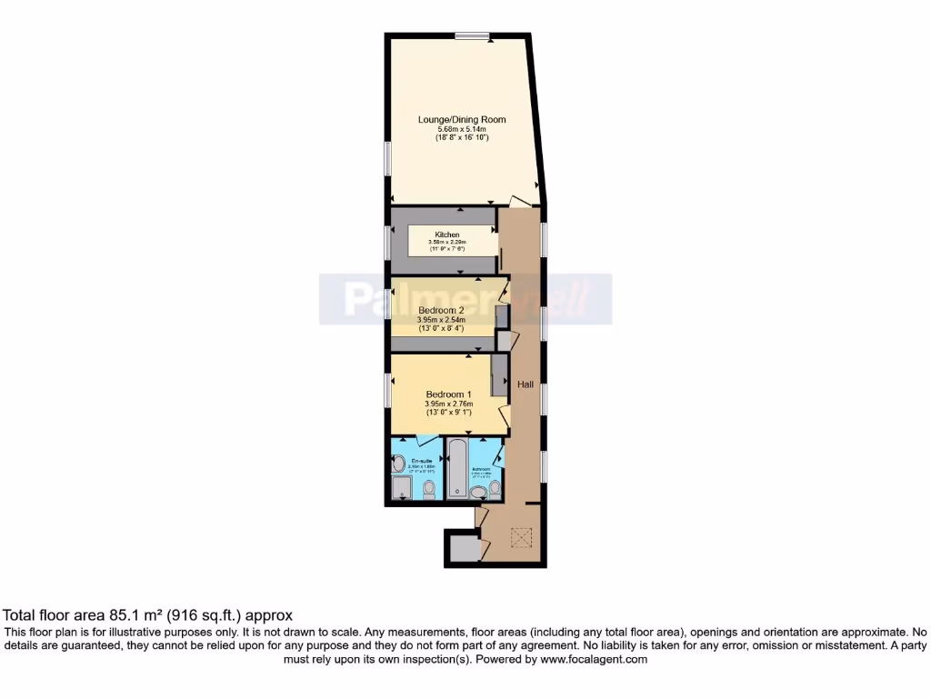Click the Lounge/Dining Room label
461,119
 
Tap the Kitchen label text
446,234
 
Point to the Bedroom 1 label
445,394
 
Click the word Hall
526,385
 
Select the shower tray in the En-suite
401,489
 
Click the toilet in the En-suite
429,490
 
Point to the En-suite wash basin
397,464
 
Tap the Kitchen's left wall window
387,240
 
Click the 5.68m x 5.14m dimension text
461,129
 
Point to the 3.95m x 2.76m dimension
444,404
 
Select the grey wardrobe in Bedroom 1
498,375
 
